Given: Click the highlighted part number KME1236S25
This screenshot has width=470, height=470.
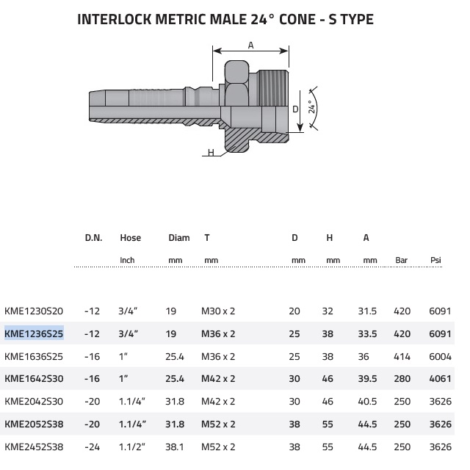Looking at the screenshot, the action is pyautogui.click(x=34, y=333).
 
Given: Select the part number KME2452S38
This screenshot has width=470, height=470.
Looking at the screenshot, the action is pyautogui.click(x=34, y=447).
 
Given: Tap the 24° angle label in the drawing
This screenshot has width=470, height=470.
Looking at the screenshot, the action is pyautogui.click(x=312, y=107).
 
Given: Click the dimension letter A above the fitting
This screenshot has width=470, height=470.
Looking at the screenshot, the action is pyautogui.click(x=251, y=46).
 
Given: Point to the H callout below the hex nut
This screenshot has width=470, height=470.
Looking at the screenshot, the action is pyautogui.click(x=211, y=153).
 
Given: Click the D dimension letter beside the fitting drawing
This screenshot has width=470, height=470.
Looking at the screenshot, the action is pyautogui.click(x=295, y=109).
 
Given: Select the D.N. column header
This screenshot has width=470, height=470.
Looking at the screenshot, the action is pyautogui.click(x=93, y=238).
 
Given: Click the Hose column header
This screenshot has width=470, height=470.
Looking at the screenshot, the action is pyautogui.click(x=131, y=238).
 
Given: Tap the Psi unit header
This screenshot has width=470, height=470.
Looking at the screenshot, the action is pyautogui.click(x=435, y=260).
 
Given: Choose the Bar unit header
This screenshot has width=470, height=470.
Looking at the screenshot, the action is pyautogui.click(x=402, y=260).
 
